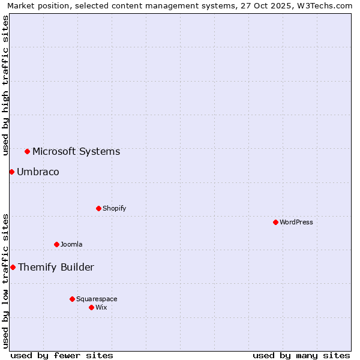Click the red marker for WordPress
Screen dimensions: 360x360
pos(275,222)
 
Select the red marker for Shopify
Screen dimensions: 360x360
pos(98,208)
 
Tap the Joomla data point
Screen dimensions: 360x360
pos(56,244)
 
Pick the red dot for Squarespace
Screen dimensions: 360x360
pos(72,299)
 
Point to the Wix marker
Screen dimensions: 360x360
pos(91,307)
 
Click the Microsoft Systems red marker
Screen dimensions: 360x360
pos(27,151)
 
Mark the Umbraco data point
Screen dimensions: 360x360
pos(11,172)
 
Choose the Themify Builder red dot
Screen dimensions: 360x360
pos(13,267)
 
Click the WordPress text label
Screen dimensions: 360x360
pos(296,222)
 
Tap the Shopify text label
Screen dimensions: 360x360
pos(114,208)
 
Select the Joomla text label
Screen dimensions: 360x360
pos(71,244)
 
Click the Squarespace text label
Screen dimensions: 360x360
pos(97,299)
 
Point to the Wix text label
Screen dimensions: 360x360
pos(101,307)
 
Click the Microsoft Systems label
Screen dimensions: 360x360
pos(76,151)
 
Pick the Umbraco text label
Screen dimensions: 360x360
pos(38,172)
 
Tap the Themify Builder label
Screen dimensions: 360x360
pos(56,267)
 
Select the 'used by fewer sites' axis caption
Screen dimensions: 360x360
pos(62,355)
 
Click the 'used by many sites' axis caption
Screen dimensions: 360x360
pos(301,355)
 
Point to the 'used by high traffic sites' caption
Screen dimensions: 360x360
pos(5,85)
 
